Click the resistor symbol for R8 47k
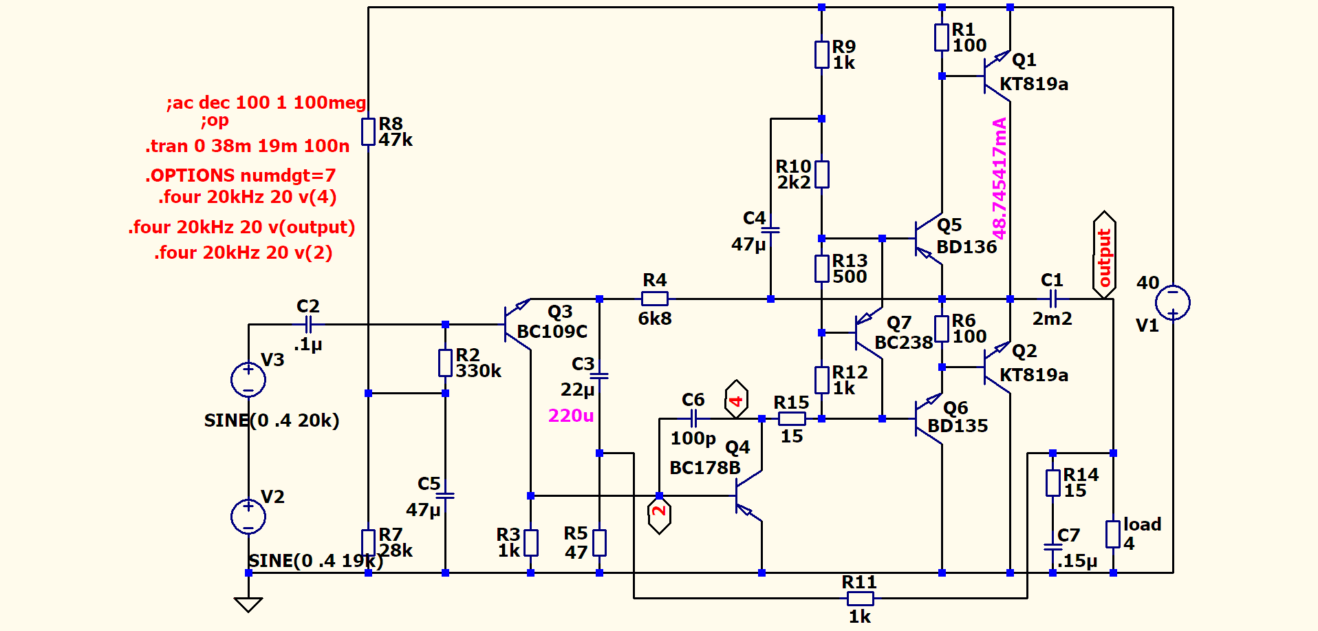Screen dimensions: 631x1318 [368, 131]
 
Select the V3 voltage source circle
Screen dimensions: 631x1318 [248, 379]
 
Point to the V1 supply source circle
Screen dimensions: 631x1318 [1172, 302]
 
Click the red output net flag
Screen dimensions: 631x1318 [1104, 255]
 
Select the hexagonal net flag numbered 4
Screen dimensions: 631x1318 [736, 399]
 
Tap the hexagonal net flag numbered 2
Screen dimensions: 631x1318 [659, 513]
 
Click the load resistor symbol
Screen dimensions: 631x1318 [1112, 534]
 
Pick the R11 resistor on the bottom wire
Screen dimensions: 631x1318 [860, 598]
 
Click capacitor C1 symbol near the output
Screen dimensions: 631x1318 [1052, 299]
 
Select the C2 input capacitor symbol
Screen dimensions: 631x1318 [308, 324]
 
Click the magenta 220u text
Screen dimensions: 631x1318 [570, 416]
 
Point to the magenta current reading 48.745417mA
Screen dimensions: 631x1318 [1000, 179]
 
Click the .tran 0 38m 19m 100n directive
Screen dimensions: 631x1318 [247, 146]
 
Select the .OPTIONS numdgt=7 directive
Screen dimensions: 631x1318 [240, 175]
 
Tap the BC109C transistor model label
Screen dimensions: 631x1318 [552, 332]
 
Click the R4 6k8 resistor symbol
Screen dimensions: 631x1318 [654, 299]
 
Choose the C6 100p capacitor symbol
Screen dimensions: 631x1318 [693, 418]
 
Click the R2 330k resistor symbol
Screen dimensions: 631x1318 [445, 363]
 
